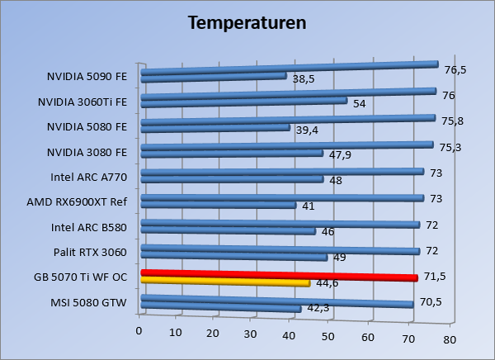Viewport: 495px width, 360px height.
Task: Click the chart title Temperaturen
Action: [x=247, y=22]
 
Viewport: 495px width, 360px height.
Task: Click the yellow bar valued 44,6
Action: [x=224, y=282]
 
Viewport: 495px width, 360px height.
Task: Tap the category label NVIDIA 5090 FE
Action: [x=87, y=77]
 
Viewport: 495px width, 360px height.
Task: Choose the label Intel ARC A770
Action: [x=88, y=177]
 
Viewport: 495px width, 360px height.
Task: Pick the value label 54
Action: [x=360, y=105]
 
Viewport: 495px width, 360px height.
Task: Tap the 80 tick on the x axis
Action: [x=449, y=339]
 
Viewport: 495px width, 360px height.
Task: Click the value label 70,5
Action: [x=431, y=301]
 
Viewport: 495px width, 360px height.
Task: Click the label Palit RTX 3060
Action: [x=89, y=252]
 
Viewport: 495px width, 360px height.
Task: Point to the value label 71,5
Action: [x=435, y=276]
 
